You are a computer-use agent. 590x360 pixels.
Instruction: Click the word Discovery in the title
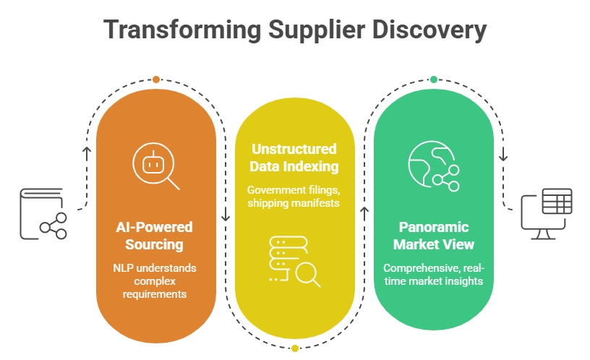point(427,30)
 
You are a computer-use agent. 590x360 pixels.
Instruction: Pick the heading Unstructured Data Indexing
point(294,158)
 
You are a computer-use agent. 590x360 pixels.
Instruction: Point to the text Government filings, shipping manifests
point(294,195)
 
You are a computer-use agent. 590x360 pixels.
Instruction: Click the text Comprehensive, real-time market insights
point(433,275)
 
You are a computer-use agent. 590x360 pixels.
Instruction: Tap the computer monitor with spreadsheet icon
point(547,214)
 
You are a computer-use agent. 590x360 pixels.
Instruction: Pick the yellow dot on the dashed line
point(295,348)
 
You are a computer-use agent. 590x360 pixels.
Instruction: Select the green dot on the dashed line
point(434,79)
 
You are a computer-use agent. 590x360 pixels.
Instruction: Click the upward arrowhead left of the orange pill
point(87,151)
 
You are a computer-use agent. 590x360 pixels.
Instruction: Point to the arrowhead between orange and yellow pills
point(226,215)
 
